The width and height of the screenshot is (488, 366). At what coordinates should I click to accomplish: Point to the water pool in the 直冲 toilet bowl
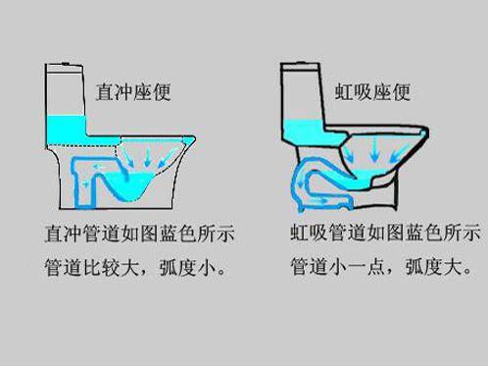[148, 183]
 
